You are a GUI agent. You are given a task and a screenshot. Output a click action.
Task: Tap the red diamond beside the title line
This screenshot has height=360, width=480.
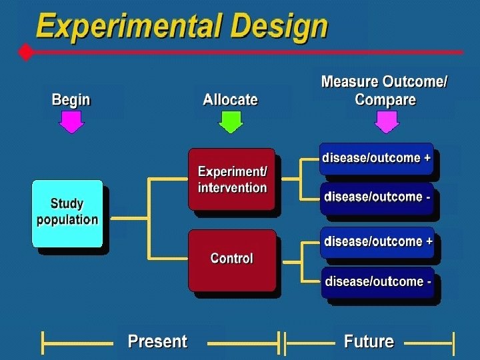click(26, 52)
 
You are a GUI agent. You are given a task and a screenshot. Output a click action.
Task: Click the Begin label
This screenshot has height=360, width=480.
click(71, 100)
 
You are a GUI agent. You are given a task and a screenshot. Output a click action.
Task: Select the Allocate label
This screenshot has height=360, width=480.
click(230, 100)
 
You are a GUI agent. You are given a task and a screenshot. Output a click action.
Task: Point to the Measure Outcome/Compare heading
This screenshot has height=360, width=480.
click(385, 91)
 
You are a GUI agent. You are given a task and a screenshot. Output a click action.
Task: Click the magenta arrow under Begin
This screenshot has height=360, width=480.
click(71, 122)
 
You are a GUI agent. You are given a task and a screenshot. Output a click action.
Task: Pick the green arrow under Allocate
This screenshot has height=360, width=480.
click(231, 122)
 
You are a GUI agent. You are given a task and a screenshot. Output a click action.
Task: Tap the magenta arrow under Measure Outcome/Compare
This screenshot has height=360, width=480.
click(387, 122)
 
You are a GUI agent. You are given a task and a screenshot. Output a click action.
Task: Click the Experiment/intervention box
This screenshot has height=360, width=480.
click(231, 179)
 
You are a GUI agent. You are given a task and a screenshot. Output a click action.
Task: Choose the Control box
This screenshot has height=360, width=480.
click(231, 259)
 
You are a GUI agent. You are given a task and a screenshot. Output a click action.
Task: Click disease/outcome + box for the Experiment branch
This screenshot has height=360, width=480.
click(377, 159)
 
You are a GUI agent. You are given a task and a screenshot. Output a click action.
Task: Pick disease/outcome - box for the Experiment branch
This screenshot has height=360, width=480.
click(377, 197)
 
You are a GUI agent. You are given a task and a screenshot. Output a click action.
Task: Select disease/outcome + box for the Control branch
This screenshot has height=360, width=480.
click(377, 241)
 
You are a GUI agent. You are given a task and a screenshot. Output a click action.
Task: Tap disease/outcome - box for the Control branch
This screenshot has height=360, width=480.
click(377, 282)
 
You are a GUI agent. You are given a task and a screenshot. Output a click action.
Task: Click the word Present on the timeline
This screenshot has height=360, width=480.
click(157, 342)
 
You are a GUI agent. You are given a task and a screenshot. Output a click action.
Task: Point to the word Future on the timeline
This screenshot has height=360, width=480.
click(369, 342)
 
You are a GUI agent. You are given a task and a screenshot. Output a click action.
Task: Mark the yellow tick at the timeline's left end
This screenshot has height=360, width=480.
click(43, 343)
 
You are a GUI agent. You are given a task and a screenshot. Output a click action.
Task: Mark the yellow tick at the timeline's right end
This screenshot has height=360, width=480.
click(453, 343)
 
